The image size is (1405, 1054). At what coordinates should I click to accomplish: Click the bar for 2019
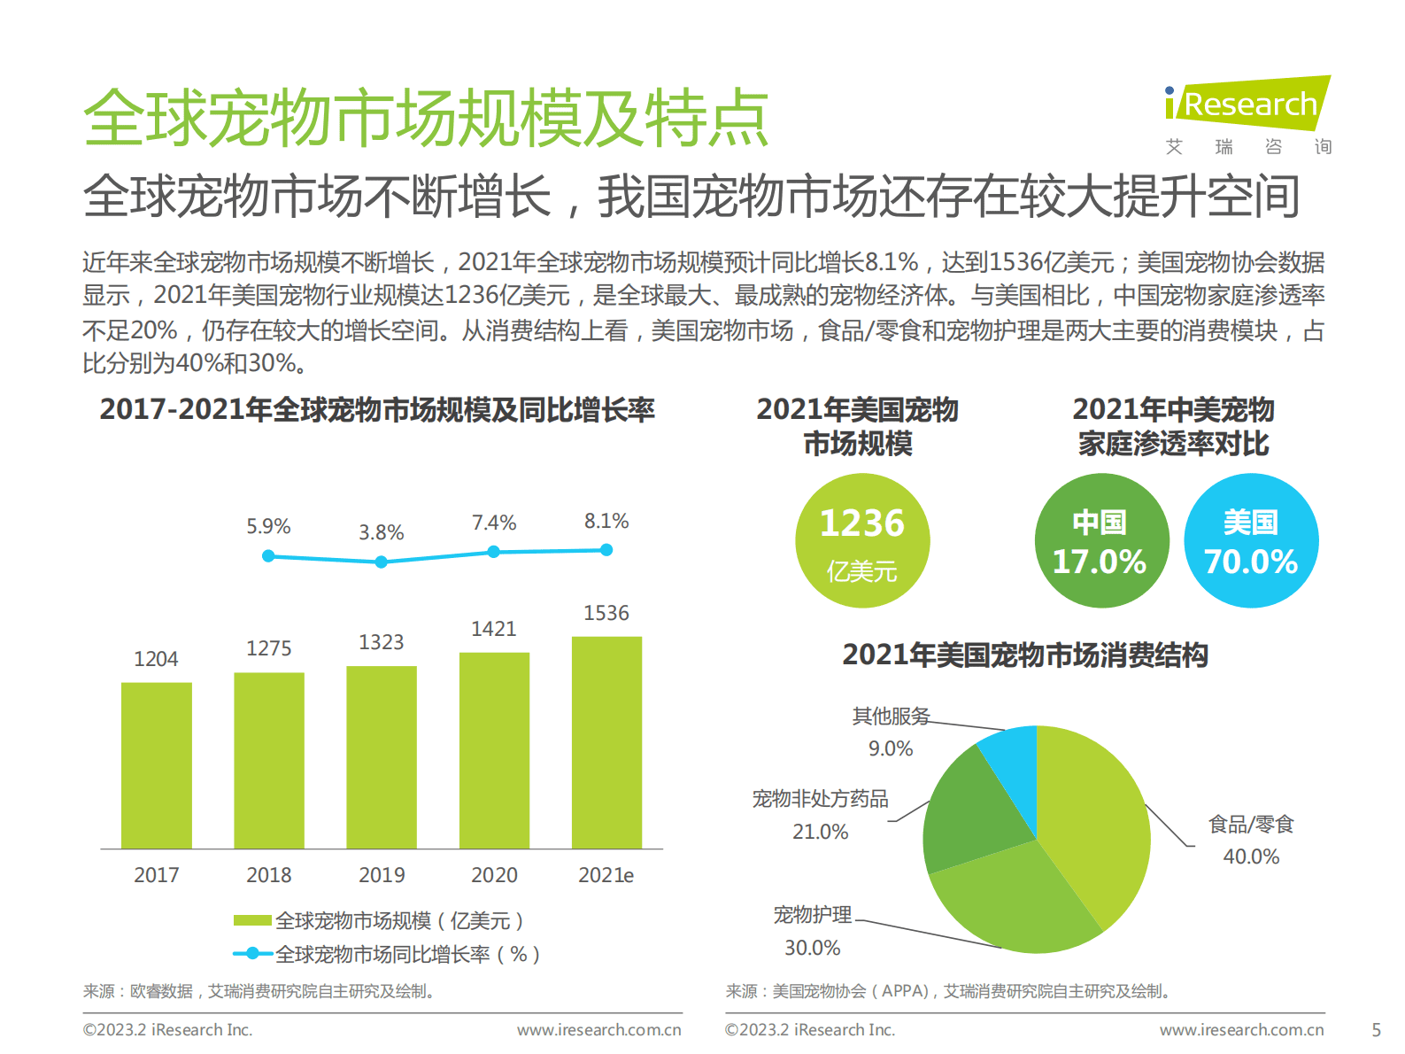tap(381, 757)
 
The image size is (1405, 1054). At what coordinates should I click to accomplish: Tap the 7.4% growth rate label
tap(493, 523)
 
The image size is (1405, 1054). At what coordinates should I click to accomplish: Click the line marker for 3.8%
tap(381, 562)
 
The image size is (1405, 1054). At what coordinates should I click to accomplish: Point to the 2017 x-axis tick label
tap(156, 875)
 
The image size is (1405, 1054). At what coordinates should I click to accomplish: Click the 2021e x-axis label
tap(606, 875)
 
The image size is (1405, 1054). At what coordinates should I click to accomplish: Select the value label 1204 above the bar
tap(156, 659)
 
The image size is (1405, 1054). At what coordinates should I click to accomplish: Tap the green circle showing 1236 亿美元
tap(862, 540)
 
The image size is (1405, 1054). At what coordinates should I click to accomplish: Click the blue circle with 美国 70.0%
tap(1251, 540)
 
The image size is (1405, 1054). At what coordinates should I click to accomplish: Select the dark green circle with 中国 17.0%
tap(1100, 540)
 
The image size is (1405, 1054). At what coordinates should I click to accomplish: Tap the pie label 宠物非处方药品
tap(820, 799)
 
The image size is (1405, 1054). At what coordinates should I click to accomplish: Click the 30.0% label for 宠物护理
tap(812, 948)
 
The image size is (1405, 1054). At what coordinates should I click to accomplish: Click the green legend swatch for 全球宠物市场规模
tap(252, 920)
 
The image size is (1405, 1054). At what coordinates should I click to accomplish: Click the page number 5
tap(1376, 1030)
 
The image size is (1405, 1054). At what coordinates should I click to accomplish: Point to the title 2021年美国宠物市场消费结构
tap(1024, 655)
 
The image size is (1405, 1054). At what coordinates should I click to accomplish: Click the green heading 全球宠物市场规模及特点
tap(426, 118)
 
